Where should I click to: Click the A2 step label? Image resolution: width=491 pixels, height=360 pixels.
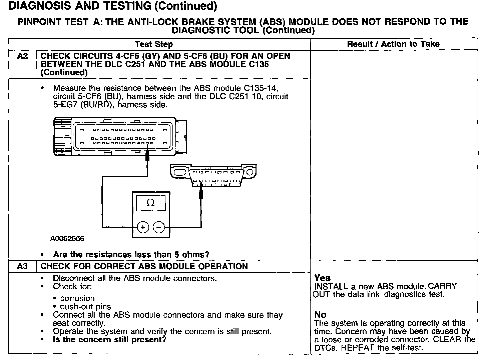(x=22, y=56)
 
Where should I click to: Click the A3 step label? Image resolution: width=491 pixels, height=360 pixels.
(x=22, y=266)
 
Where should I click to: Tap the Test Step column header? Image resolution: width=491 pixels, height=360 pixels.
(x=154, y=44)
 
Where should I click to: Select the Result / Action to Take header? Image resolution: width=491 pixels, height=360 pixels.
(x=393, y=44)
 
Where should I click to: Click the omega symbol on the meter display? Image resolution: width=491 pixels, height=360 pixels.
(x=151, y=203)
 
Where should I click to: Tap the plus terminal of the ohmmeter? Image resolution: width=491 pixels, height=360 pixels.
(x=143, y=227)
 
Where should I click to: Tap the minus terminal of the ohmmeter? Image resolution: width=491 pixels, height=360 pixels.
(x=159, y=227)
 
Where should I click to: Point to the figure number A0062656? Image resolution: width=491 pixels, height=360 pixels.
(x=67, y=239)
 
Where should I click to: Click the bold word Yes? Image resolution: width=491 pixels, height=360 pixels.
(x=322, y=278)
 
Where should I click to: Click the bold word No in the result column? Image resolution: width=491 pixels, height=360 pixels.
(x=320, y=315)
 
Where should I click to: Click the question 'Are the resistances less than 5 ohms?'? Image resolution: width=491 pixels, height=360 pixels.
(x=131, y=255)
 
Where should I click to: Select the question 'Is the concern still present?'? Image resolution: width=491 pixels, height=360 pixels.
(x=110, y=340)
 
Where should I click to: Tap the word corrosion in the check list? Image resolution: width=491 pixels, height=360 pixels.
(x=77, y=298)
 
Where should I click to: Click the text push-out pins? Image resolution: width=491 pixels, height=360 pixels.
(x=86, y=307)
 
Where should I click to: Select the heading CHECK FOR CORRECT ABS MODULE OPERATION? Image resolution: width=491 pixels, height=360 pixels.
(x=144, y=266)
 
